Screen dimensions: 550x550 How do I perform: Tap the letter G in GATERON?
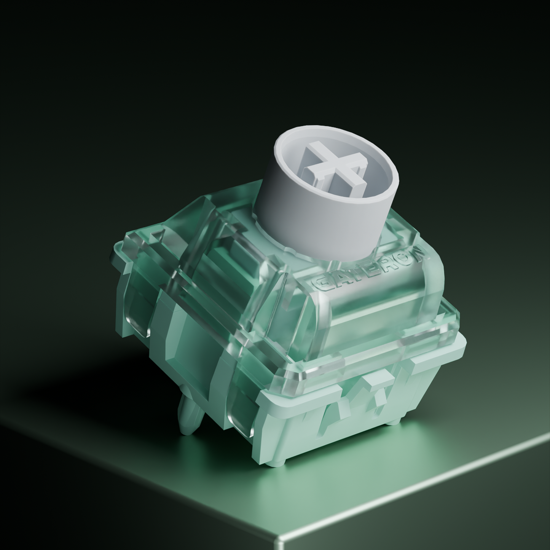pyautogui.click(x=320, y=286)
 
